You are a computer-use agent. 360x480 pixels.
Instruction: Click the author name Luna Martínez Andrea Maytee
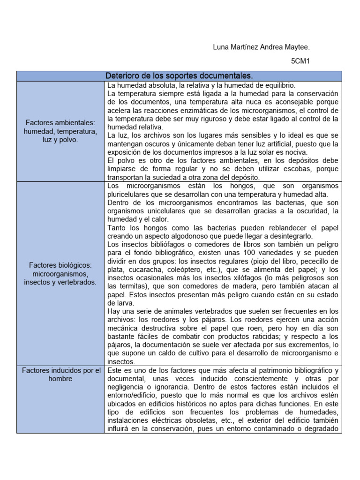[261, 47]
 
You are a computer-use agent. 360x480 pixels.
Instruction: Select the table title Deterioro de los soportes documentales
[179, 76]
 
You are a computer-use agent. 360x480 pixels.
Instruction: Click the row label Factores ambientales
[60, 123]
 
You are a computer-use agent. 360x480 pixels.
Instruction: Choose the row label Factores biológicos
[60, 265]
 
